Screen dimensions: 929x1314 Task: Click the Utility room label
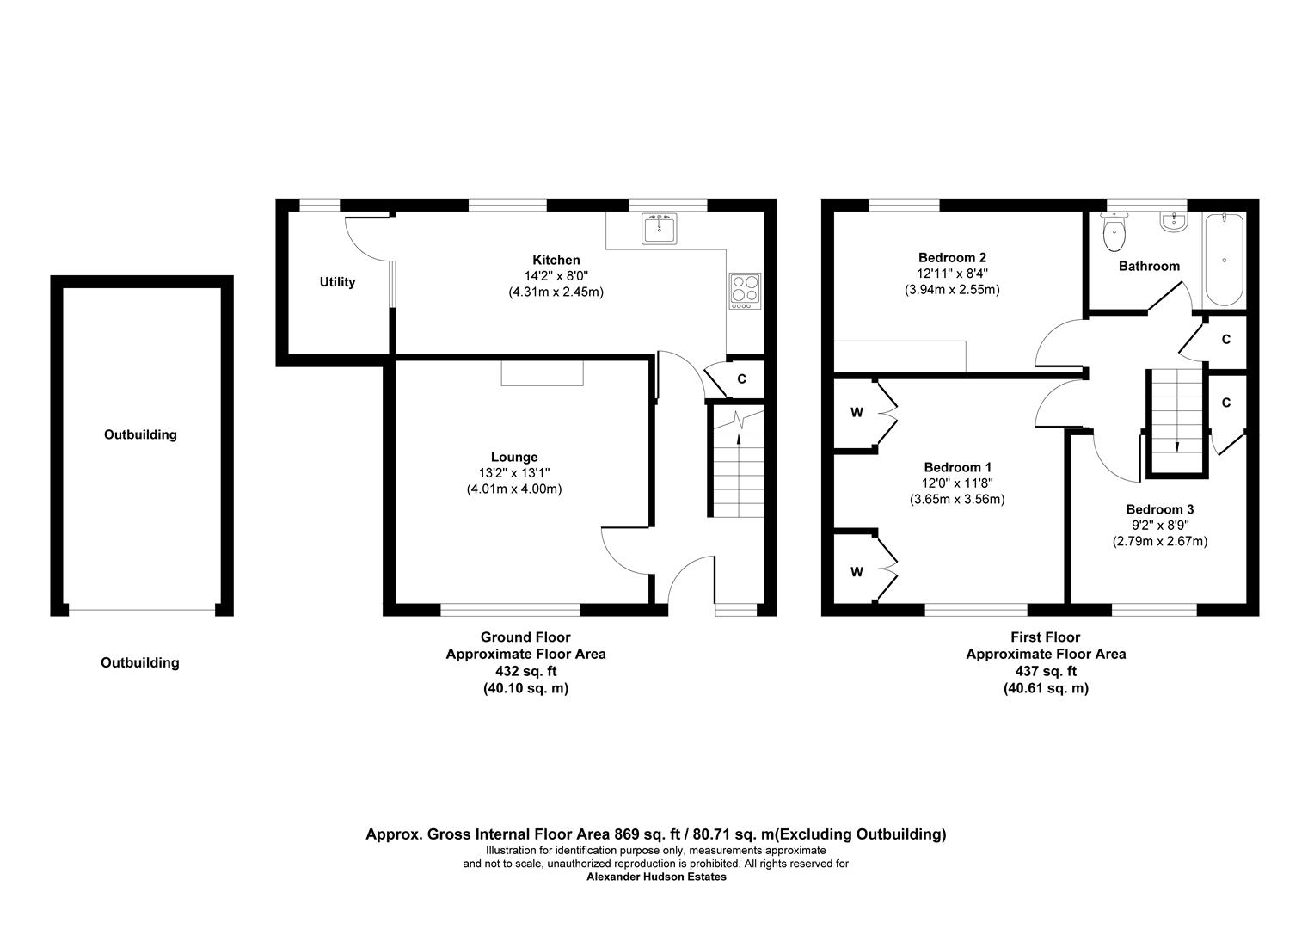coord(337,282)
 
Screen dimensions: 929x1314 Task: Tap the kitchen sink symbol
coord(660,230)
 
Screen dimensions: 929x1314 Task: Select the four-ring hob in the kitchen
coord(745,291)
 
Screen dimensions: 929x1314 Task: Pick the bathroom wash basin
coord(1173,222)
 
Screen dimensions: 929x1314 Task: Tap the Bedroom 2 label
coord(952,257)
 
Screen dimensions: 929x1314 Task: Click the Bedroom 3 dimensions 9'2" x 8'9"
coord(1160,526)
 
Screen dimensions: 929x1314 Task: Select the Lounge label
coord(514,457)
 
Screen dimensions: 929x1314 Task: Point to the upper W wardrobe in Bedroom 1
coord(857,413)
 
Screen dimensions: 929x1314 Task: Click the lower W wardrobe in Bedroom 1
coord(857,572)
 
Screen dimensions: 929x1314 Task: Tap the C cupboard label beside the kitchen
coord(741,379)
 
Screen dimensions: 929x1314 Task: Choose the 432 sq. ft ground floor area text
coord(525,671)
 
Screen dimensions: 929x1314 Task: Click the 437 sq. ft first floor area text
coord(1046,671)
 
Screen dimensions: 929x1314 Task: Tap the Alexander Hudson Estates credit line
coord(656,877)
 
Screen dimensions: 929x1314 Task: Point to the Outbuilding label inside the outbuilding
coord(140,435)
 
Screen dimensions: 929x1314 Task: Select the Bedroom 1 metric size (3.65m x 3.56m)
coord(957,500)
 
